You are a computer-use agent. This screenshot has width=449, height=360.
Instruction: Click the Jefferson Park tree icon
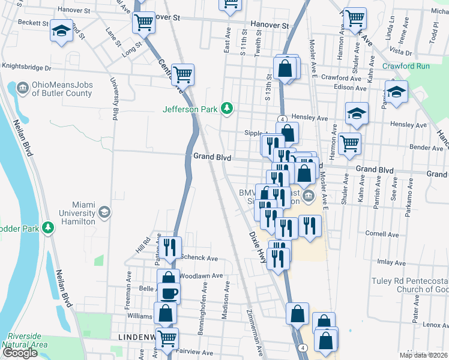point(227,108)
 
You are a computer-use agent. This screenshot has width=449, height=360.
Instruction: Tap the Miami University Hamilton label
point(77,213)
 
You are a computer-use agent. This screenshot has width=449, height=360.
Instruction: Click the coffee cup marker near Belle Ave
point(169,293)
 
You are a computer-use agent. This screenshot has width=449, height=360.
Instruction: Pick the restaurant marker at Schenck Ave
point(169,246)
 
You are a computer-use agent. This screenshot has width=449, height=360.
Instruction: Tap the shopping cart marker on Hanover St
point(143,23)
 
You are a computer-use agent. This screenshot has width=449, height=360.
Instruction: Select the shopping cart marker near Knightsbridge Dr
point(182,75)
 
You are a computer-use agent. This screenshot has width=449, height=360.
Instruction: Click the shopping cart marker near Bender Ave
point(350,143)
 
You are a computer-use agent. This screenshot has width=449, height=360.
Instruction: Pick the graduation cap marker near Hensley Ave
point(357,113)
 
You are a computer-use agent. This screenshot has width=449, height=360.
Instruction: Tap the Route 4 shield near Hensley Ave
point(281,119)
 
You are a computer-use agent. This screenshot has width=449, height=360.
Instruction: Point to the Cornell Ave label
point(378,233)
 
